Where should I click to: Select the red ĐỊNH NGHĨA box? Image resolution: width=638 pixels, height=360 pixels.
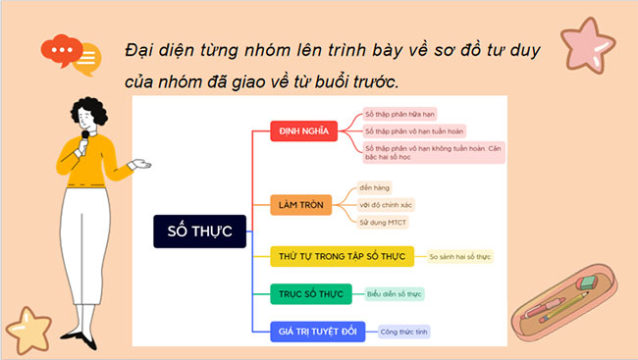click(x=303, y=130)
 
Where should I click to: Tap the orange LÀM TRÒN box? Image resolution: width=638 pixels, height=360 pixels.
click(x=300, y=205)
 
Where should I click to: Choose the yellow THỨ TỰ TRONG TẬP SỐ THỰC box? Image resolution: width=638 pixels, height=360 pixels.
click(x=339, y=257)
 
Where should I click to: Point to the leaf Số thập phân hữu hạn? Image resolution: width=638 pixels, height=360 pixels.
click(x=402, y=114)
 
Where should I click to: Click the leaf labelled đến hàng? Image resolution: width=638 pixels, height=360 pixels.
click(x=375, y=186)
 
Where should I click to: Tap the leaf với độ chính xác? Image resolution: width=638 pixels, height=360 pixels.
click(x=386, y=205)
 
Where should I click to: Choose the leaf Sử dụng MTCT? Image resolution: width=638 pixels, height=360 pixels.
click(x=382, y=223)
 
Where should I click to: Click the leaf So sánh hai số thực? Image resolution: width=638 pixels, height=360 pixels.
click(x=459, y=257)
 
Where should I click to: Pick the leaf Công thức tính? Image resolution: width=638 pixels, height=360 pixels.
click(x=403, y=331)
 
